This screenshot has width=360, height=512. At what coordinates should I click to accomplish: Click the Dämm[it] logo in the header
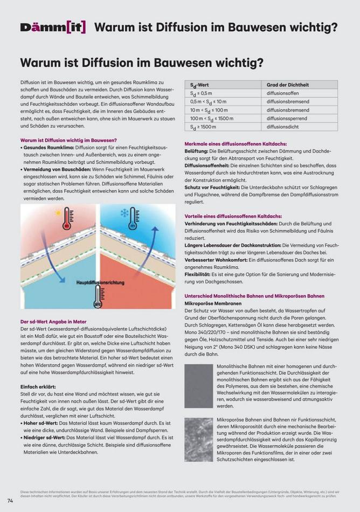(x=53, y=27)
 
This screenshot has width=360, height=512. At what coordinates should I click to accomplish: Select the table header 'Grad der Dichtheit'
(x=288, y=85)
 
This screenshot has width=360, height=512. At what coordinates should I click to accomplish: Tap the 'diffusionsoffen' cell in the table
(x=282, y=93)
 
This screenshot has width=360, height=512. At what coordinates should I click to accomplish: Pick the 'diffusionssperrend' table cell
(x=287, y=118)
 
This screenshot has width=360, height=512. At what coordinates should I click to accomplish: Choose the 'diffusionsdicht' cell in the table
(x=282, y=127)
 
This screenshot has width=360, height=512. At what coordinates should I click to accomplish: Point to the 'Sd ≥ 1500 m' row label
(x=203, y=127)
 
